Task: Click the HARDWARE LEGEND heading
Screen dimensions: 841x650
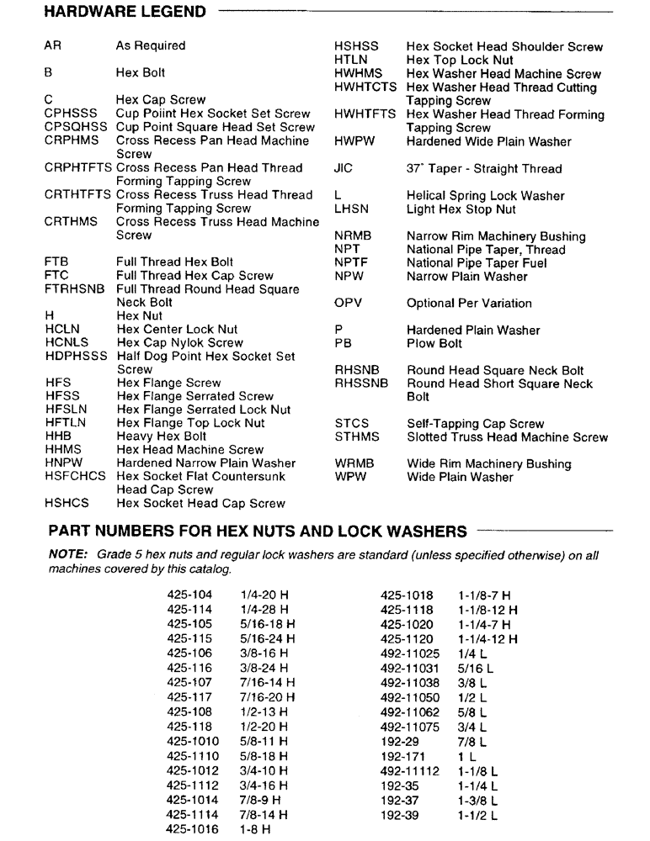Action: point(124,12)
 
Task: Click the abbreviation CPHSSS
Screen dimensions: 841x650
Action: point(71,114)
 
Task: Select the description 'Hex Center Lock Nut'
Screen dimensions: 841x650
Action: point(177,330)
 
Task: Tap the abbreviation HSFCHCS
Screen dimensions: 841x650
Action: point(76,477)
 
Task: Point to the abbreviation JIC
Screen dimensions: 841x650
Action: point(344,168)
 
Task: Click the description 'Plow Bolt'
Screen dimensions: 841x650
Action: point(434,343)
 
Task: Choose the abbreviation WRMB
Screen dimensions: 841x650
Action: point(354,463)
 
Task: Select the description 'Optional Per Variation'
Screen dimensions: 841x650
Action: point(469,303)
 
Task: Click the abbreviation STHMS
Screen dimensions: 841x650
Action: point(357,437)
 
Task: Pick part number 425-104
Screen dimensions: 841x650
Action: point(189,595)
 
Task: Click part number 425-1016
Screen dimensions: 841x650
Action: point(193,829)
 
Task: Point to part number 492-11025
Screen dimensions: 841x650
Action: point(410,653)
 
